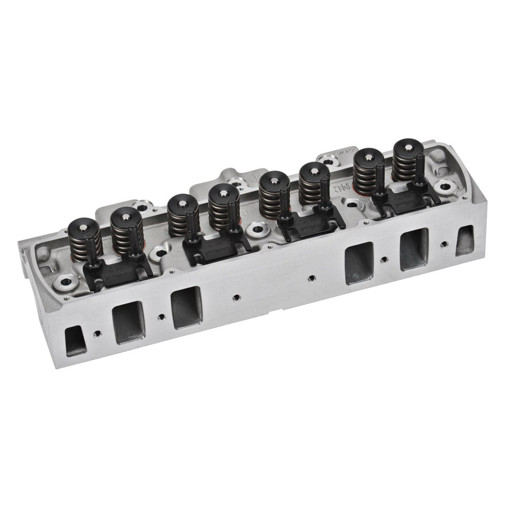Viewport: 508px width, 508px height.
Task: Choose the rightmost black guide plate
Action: [406, 200]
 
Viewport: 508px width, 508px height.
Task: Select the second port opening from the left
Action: [127, 323]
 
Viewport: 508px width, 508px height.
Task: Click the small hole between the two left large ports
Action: [161, 317]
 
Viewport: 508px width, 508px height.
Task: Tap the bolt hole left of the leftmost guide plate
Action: [66, 280]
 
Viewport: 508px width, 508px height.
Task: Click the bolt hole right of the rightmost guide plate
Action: [446, 186]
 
